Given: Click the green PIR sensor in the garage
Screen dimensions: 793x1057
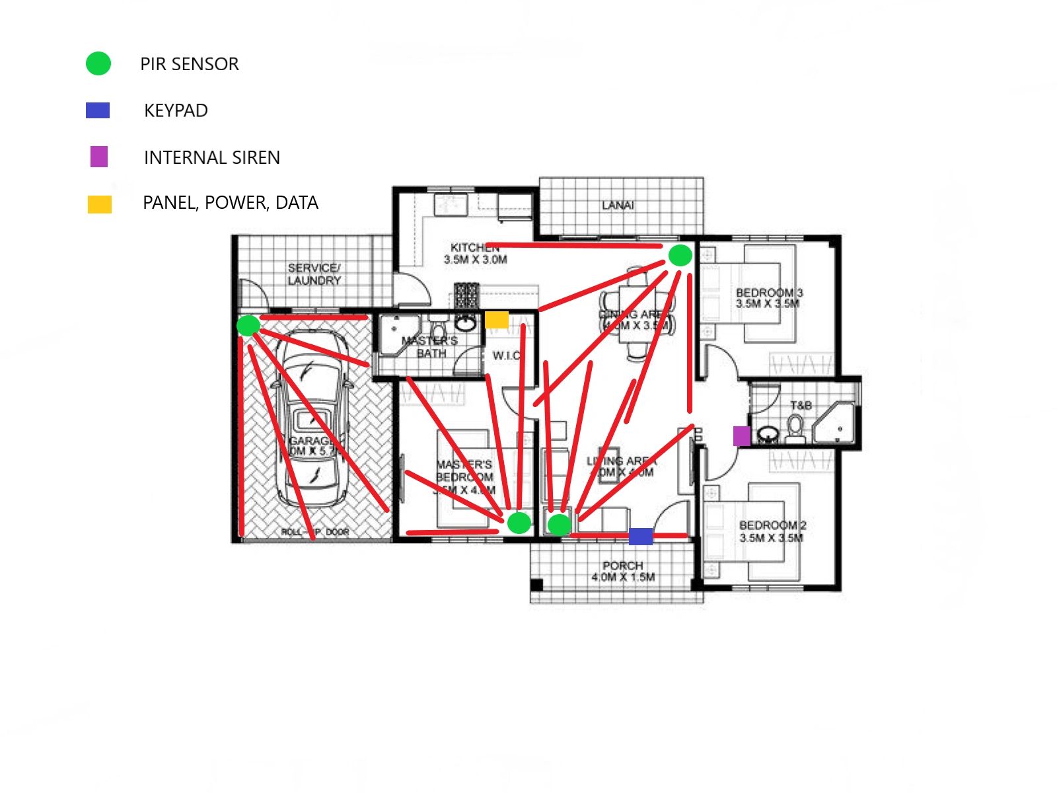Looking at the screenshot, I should click(x=248, y=325).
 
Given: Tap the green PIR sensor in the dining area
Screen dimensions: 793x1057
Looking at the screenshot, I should click(x=680, y=255).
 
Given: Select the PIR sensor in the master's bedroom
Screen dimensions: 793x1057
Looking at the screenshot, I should click(x=519, y=523).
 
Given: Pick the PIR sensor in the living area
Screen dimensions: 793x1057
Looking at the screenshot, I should click(x=560, y=525).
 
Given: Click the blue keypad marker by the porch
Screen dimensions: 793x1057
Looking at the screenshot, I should click(x=640, y=536).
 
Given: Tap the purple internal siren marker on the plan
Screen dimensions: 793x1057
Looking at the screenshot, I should click(x=742, y=435).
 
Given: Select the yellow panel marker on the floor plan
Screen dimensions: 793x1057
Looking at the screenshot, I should click(x=497, y=320).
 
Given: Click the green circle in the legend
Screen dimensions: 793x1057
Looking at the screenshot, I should click(x=98, y=64).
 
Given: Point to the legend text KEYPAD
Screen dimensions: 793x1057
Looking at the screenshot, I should click(x=176, y=110).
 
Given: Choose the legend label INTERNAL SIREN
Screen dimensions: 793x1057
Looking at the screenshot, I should click(x=212, y=158).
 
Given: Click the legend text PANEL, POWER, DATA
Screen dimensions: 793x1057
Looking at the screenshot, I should click(x=231, y=203).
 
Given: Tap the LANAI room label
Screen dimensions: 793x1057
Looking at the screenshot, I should click(x=618, y=206).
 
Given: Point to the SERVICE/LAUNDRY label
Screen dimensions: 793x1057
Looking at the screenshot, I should click(x=314, y=274).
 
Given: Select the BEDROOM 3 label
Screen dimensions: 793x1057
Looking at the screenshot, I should click(x=770, y=298).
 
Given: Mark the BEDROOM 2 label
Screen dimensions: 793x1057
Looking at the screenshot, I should click(x=772, y=531).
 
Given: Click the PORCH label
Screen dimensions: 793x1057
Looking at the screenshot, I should click(x=623, y=571).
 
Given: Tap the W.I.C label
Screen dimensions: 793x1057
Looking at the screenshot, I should click(x=507, y=356).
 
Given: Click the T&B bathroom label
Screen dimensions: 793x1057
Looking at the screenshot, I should click(x=801, y=405).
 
